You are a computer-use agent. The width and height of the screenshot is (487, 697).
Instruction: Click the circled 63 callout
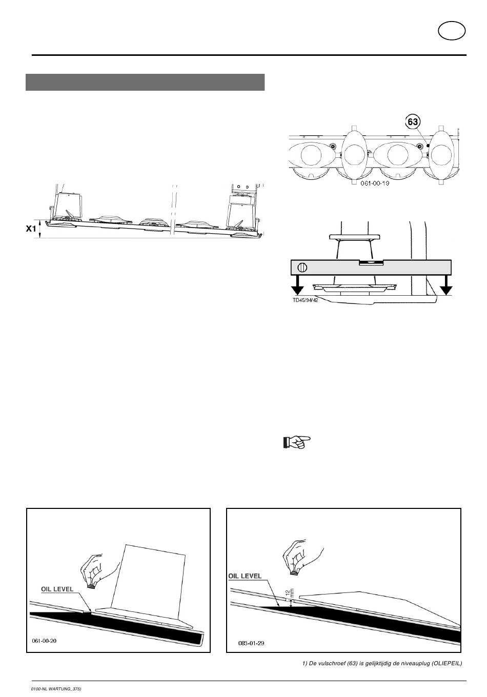(413, 121)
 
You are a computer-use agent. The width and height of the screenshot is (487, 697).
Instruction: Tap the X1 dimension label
(31, 229)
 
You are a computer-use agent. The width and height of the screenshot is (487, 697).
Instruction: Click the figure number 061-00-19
(375, 183)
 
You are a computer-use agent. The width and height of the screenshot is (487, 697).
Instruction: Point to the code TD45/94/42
(305, 300)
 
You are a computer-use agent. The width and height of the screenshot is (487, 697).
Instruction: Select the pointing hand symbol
(296, 442)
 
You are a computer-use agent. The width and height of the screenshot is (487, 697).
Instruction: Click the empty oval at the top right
(452, 31)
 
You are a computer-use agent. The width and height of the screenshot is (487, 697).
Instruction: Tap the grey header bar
(145, 82)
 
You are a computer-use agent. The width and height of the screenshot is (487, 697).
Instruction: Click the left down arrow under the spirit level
(298, 285)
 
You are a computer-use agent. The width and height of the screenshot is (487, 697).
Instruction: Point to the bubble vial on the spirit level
(372, 262)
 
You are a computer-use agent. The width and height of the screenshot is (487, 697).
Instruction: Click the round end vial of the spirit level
(302, 268)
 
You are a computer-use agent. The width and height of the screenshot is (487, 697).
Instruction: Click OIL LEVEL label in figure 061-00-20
(57, 589)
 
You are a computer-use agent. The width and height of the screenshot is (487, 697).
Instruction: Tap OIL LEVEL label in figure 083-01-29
(245, 576)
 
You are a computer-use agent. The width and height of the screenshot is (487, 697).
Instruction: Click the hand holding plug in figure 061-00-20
(99, 570)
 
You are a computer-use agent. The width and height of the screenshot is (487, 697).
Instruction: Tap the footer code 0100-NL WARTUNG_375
(56, 689)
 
